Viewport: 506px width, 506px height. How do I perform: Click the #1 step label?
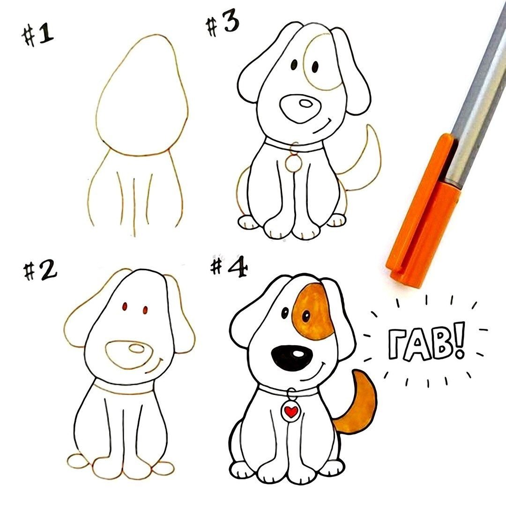(x=38, y=35)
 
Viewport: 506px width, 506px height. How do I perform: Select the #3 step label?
(x=223, y=24)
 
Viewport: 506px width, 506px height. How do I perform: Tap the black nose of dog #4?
(x=292, y=357)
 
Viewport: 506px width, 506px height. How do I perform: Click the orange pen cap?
(x=423, y=210)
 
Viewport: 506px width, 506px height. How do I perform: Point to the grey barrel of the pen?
(x=477, y=97)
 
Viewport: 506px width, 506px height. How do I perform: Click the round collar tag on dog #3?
(x=293, y=164)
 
